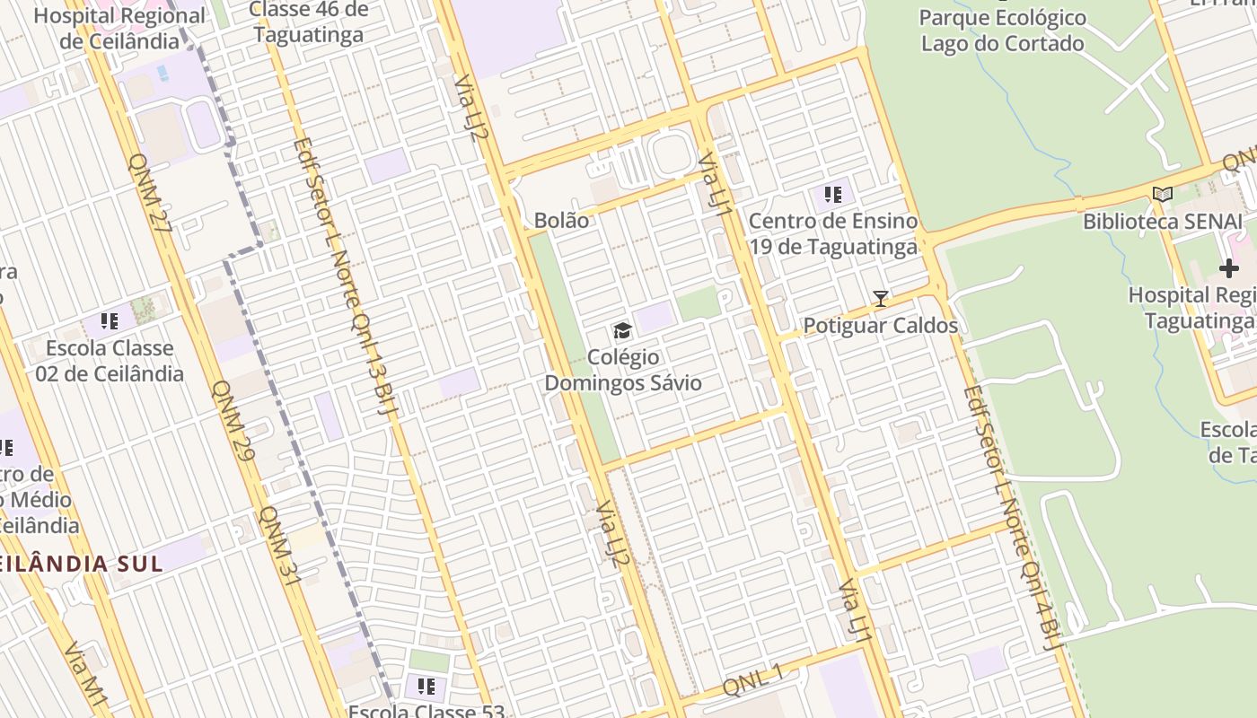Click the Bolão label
(x=561, y=221)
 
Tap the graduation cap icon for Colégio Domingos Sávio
(x=622, y=332)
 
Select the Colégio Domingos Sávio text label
(x=623, y=371)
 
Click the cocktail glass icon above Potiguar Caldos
(x=881, y=299)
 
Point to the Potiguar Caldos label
(x=880, y=326)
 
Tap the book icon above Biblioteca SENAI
(x=1163, y=194)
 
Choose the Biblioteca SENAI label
(x=1162, y=222)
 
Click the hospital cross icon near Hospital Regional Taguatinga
(x=1228, y=268)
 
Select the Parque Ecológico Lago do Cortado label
(x=1003, y=31)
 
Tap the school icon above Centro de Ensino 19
(x=832, y=194)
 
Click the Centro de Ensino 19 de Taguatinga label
(x=833, y=233)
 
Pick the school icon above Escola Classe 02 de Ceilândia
(x=110, y=321)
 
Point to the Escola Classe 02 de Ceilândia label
(x=110, y=361)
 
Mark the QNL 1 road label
(x=753, y=679)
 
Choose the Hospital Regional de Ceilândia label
(x=119, y=29)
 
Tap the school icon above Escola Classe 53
(x=426, y=687)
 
